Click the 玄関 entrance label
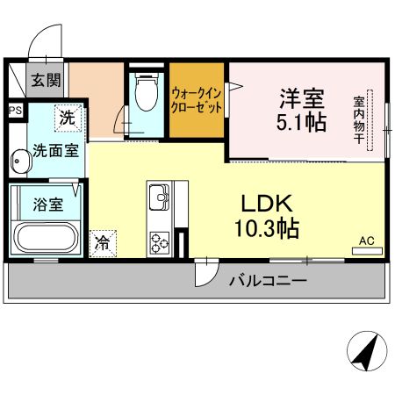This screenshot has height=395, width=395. pos(47,82)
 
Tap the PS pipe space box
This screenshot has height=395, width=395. pos(14,111)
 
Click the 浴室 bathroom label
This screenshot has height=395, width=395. pos(47,205)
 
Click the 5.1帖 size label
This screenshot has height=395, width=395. pos(296,122)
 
